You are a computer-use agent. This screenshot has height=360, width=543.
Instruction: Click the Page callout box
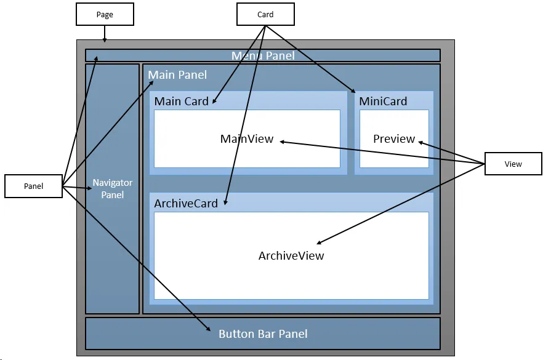point(105,14)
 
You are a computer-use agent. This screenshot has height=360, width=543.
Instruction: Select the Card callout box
point(265,14)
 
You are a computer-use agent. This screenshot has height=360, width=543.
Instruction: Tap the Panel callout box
point(33,186)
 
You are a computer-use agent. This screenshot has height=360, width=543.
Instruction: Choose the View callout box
point(513,164)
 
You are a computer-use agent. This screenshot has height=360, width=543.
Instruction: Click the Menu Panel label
point(263,56)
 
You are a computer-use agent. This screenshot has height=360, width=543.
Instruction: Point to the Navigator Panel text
point(113,189)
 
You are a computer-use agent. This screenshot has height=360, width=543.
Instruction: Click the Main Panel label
point(177,75)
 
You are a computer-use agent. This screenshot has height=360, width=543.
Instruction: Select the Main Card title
point(181,101)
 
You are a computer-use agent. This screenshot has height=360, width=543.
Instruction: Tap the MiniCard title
point(383,101)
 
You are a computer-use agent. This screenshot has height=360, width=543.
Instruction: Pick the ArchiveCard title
point(186,204)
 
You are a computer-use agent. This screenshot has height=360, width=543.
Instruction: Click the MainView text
point(247,139)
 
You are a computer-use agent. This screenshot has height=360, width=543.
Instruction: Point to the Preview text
point(394,139)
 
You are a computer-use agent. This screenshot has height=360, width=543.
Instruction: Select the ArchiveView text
point(291,256)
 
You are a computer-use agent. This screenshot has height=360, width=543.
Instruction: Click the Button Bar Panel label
point(263,334)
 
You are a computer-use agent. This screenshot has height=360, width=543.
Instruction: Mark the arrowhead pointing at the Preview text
point(421,143)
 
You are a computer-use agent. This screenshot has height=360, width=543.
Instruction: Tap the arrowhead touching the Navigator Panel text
point(89,188)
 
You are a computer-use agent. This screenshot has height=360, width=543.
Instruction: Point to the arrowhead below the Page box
point(105,41)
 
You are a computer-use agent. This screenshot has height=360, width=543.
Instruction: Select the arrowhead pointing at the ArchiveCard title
point(225,202)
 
